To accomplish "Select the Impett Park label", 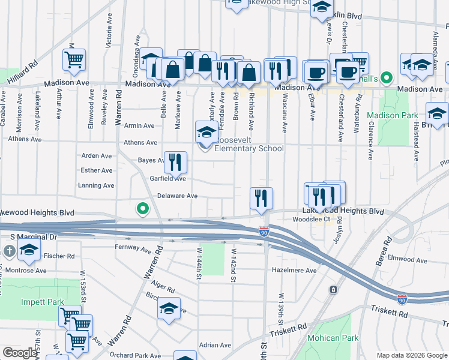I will tap(40, 302).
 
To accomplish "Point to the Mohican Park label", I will tap(333, 338).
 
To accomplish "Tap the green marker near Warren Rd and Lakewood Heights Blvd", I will tap(142, 209).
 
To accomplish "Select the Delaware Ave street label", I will tap(177, 196).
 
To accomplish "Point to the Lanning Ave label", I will tap(96, 185).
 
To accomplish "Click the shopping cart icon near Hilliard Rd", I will tap(74, 60).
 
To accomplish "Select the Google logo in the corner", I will tap(20, 353).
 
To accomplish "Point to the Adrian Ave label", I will tap(215, 345).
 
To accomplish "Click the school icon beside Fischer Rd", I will tap(29, 252).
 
